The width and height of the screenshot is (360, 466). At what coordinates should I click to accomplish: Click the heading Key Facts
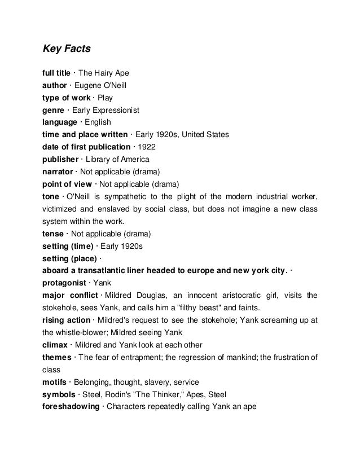click(66, 49)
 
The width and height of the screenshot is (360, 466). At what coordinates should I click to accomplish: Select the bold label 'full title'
click(56, 73)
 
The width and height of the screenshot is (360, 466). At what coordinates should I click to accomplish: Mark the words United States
click(208, 135)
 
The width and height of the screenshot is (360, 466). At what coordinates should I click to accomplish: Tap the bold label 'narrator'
click(58, 172)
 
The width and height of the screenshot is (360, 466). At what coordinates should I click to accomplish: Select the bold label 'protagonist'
click(64, 283)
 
